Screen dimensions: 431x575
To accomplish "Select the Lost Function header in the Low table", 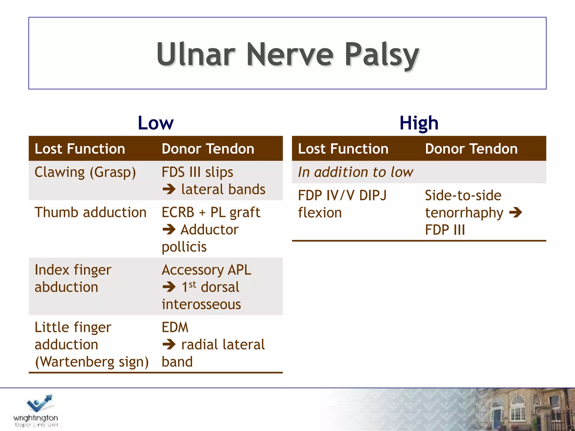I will (80, 149).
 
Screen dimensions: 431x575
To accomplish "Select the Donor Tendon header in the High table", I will (471, 149).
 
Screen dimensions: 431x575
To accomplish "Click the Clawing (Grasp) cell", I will (85, 172).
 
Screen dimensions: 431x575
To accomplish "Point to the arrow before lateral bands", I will (169, 189).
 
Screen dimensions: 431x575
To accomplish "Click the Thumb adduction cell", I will (90, 212).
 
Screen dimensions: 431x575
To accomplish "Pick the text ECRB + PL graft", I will (211, 212).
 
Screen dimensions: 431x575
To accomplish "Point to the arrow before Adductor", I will (169, 230).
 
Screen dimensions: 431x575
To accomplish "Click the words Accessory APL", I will (206, 270).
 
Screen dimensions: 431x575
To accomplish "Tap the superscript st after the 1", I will (192, 285).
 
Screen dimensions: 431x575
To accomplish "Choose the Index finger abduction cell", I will (73, 278).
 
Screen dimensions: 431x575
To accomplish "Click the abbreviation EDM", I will (175, 327).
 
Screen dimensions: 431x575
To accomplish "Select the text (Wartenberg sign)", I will (92, 362).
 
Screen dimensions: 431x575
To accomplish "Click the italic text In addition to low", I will (355, 172).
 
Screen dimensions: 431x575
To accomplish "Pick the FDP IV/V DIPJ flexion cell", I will (342, 204).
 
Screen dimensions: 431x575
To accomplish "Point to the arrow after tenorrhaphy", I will (515, 213).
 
